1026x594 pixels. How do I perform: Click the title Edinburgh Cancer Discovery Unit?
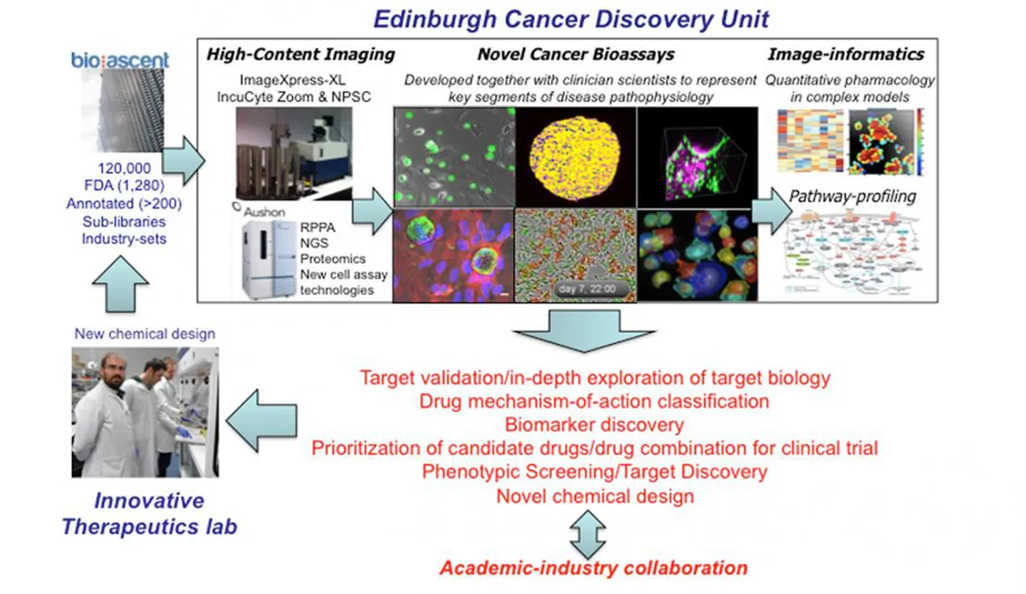(571, 17)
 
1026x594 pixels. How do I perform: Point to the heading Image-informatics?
(845, 54)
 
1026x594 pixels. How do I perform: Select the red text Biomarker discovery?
(594, 424)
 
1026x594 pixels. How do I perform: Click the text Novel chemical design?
(594, 496)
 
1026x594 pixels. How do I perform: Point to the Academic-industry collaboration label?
(594, 567)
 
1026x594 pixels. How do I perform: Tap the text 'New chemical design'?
(144, 334)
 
